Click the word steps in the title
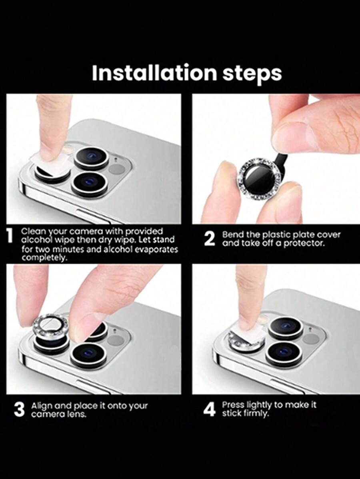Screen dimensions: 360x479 click(252, 74)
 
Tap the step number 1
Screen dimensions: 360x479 click(10, 236)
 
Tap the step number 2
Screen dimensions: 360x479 click(209, 239)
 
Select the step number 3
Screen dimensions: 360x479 click(19, 409)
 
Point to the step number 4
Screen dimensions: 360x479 click(209, 409)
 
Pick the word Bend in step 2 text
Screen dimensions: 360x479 click(233, 235)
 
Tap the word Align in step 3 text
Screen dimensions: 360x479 click(42, 406)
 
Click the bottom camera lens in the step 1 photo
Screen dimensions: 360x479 click(90, 184)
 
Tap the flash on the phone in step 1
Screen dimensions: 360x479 click(117, 169)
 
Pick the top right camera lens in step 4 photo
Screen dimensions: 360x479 click(286, 328)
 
